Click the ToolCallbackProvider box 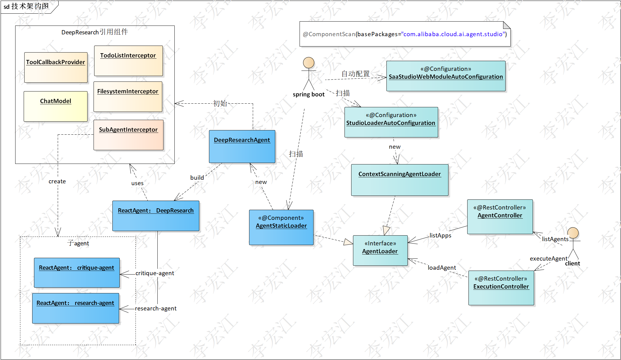tap(56, 67)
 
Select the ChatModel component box tap(56, 106)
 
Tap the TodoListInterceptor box tap(128, 61)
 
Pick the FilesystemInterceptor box tap(128, 97)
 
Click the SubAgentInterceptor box tap(128, 135)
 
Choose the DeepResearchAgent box tap(242, 147)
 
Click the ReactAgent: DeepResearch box tap(156, 216)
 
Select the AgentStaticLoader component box tap(281, 227)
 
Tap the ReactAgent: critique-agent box tap(77, 273)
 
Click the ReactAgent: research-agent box tap(75, 308)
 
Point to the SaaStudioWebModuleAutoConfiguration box tap(446, 76)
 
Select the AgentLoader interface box tap(380, 251)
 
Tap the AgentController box tap(500, 217)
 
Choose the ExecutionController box tap(501, 288)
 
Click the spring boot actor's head tap(309, 63)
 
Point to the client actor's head tap(573, 233)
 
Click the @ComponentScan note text tap(405, 34)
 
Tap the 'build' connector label tap(197, 178)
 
